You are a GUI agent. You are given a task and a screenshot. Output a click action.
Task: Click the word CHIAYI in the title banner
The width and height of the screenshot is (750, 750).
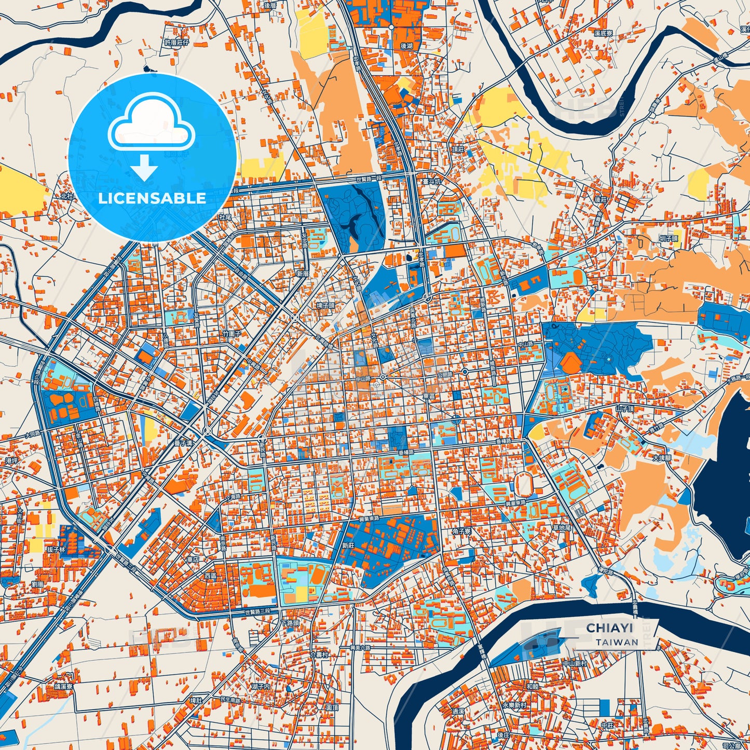[x=609, y=628]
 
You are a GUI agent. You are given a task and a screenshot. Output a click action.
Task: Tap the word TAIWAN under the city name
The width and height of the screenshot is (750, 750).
[x=617, y=642]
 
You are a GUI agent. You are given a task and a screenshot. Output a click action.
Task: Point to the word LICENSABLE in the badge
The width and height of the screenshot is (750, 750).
[x=152, y=198]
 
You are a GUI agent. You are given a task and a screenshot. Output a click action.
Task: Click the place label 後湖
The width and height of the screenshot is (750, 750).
[x=406, y=46]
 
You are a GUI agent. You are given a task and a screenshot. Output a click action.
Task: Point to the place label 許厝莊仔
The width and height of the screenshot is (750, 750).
[x=176, y=43]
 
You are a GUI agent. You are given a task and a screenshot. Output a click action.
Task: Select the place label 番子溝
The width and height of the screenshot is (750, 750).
[x=184, y=443]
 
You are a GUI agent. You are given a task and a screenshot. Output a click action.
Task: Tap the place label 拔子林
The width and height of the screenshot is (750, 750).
[x=56, y=549]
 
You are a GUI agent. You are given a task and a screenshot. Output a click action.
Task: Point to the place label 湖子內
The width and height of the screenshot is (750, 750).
[x=261, y=686]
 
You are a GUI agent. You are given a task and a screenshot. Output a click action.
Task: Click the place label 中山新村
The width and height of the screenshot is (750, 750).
[x=575, y=663]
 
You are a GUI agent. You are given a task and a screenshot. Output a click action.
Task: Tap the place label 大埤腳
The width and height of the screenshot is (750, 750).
[x=662, y=458]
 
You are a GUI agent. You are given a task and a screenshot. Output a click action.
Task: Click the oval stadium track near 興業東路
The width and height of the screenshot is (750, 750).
[x=523, y=485]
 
